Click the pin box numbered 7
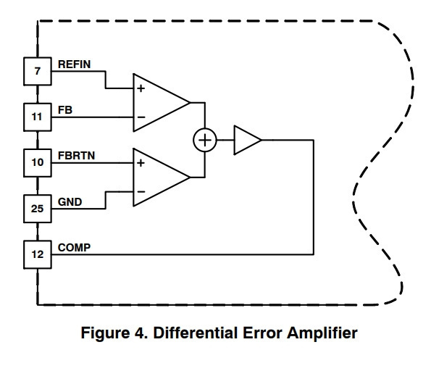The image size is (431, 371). [x=38, y=71]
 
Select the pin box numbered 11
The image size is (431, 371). [x=38, y=117]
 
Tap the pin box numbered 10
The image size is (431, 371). [x=38, y=163]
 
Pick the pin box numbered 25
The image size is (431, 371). [x=38, y=209]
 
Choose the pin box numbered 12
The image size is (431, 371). [x=38, y=254]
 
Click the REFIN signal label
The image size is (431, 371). [x=74, y=64]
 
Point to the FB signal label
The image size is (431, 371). [x=65, y=110]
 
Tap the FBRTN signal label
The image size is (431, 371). [x=76, y=156]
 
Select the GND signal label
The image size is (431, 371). [x=70, y=202]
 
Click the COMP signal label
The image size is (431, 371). [x=74, y=248]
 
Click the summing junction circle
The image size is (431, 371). [x=205, y=140]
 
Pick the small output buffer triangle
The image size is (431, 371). [x=248, y=140]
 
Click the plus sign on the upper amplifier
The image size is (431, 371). [x=141, y=88]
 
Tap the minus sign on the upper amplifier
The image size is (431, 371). [x=141, y=117]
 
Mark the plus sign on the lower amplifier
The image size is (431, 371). [x=141, y=163]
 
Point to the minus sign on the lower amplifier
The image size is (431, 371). [x=141, y=191]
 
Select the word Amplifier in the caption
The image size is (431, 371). [x=322, y=333]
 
